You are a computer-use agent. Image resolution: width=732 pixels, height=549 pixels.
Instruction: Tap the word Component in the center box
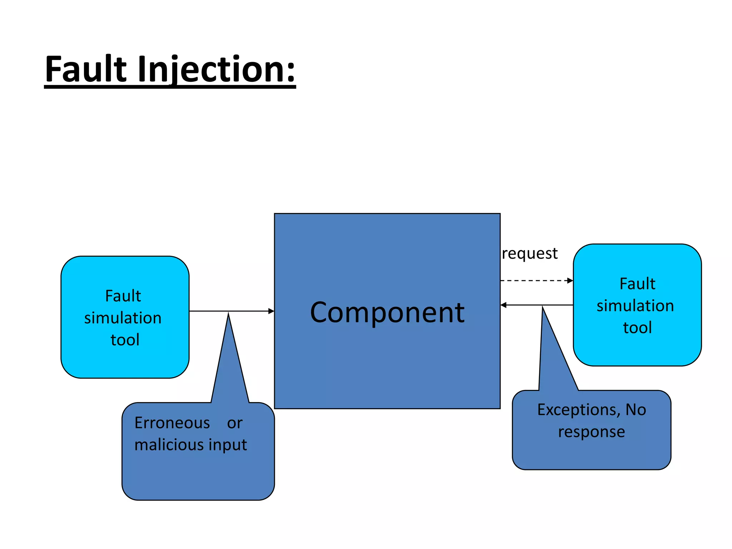pyautogui.click(x=387, y=312)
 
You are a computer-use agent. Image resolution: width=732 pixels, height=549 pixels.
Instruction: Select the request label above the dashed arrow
pyautogui.click(x=529, y=253)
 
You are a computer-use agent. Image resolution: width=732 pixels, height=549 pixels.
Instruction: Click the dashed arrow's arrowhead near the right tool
pyautogui.click(x=570, y=281)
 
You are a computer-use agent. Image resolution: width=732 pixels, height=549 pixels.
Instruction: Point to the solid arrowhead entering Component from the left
pyautogui.click(x=271, y=311)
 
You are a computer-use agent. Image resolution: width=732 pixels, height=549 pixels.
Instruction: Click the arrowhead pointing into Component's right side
pyautogui.click(x=504, y=305)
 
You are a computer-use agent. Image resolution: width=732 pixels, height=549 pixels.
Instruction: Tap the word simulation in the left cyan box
pyautogui.click(x=123, y=318)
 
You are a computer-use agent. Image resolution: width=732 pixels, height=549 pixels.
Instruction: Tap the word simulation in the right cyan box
pyautogui.click(x=635, y=306)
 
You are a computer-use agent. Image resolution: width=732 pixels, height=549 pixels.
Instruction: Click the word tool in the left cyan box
pyautogui.click(x=125, y=340)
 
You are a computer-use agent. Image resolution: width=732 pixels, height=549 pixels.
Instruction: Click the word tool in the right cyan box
pyautogui.click(x=637, y=327)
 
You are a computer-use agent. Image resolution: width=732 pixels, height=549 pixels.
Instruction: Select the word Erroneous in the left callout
pyautogui.click(x=172, y=423)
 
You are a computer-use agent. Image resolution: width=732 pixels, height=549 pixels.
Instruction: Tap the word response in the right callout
pyautogui.click(x=592, y=432)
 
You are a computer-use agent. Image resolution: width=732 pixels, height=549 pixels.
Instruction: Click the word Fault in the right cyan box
pyautogui.click(x=637, y=284)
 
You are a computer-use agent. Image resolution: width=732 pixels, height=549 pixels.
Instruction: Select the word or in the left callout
pyautogui.click(x=234, y=423)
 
